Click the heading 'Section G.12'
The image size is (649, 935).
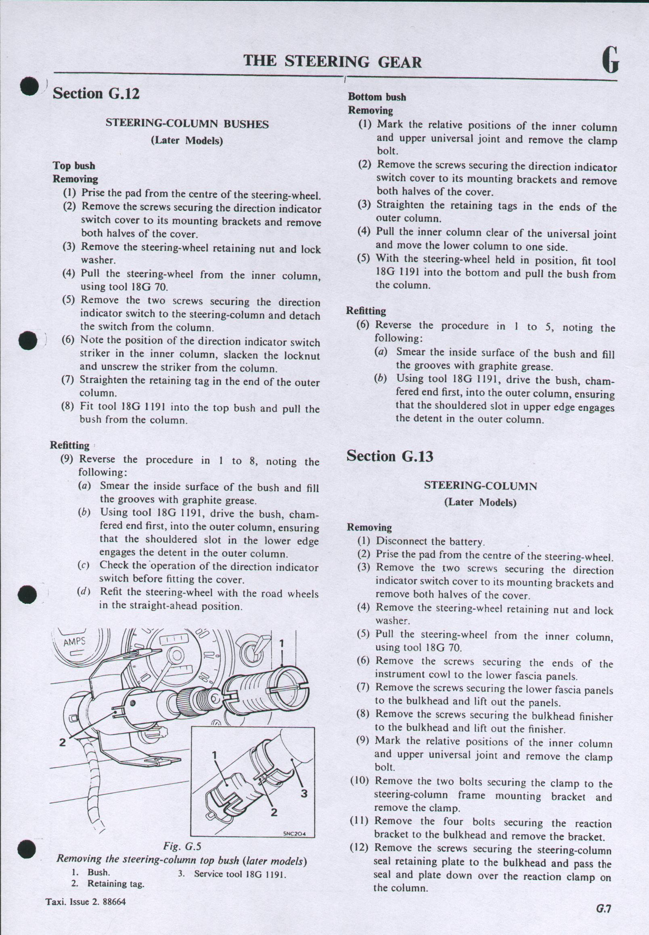tap(96, 94)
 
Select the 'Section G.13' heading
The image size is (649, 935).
tap(389, 456)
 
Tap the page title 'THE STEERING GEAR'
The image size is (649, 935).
tap(332, 62)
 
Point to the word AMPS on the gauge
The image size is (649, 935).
tap(74, 642)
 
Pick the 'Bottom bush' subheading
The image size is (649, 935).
tap(377, 97)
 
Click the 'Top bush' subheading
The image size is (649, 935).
tap(73, 166)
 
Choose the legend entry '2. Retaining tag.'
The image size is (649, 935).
tap(107, 883)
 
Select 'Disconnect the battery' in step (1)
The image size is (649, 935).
tap(430, 542)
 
